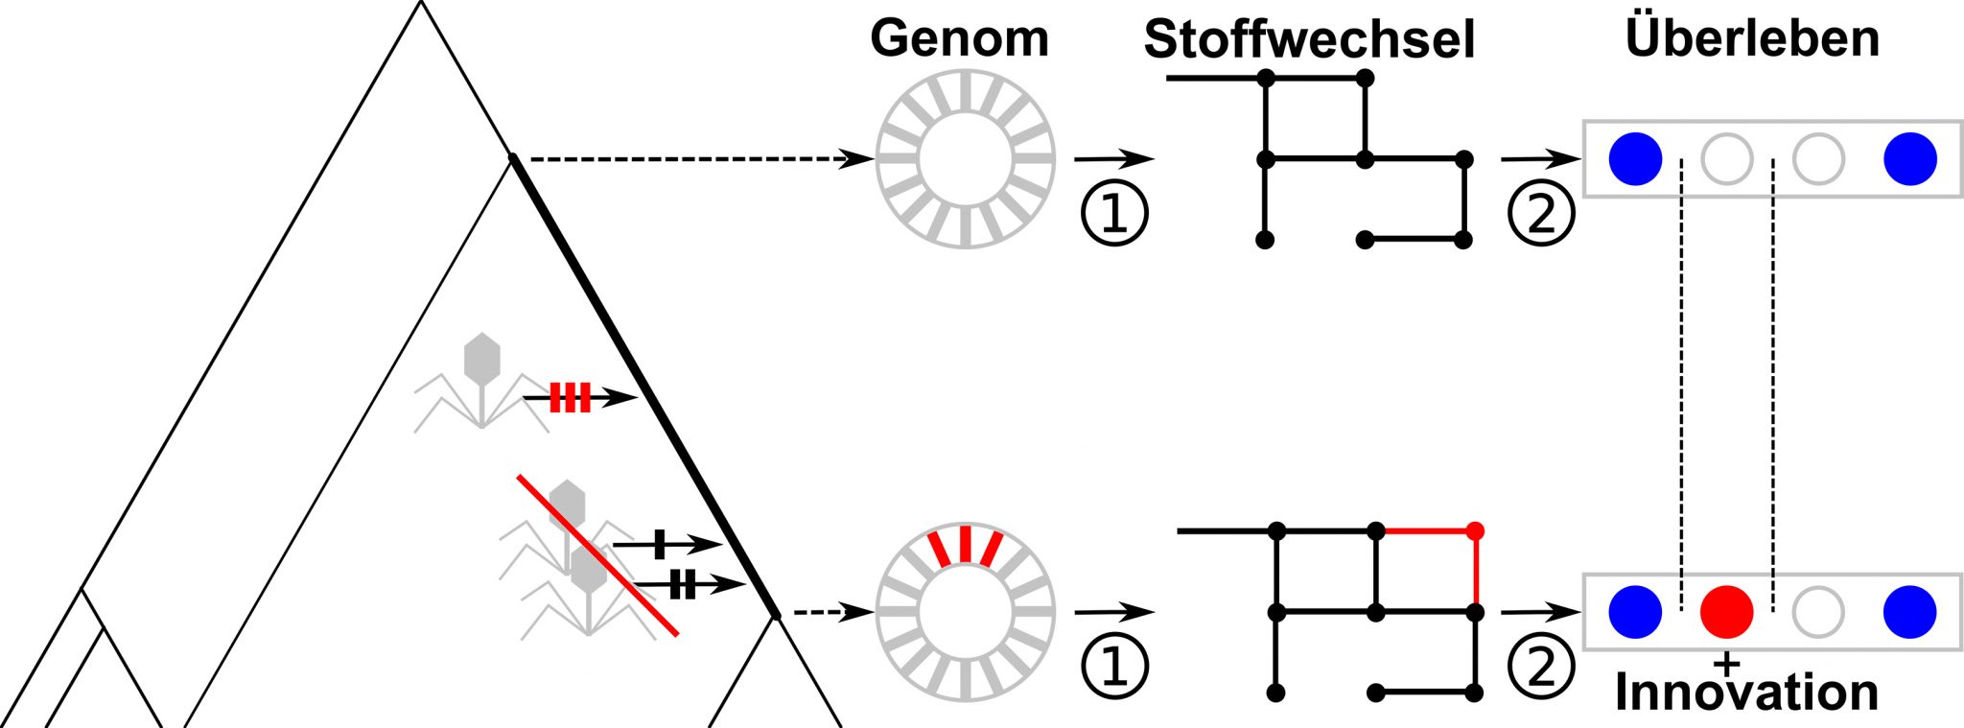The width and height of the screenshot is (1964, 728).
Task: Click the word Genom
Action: click(959, 39)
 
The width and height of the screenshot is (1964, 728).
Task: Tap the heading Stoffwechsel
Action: click(1309, 40)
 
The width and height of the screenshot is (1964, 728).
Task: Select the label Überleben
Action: click(1752, 38)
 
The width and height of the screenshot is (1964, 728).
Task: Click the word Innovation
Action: click(1746, 693)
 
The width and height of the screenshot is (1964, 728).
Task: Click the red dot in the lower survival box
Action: click(1726, 611)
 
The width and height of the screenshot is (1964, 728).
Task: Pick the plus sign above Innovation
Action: click(1726, 663)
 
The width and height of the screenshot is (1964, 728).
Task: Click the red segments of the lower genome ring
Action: click(965, 545)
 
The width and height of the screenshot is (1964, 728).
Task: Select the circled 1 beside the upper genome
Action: click(1114, 213)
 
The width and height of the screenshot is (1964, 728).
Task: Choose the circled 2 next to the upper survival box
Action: click(1541, 213)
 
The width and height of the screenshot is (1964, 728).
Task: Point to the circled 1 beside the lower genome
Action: click(1114, 666)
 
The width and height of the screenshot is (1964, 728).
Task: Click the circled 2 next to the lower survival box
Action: click(1541, 666)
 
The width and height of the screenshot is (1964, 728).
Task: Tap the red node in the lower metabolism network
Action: click(1476, 530)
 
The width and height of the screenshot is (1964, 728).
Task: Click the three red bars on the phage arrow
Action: click(570, 397)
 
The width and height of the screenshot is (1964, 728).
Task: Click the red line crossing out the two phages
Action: click(597, 554)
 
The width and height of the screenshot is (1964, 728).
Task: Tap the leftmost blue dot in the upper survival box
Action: click(1635, 158)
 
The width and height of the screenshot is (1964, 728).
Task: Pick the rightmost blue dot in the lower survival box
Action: click(1909, 611)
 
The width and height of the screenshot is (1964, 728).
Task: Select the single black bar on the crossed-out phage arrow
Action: click(660, 544)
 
